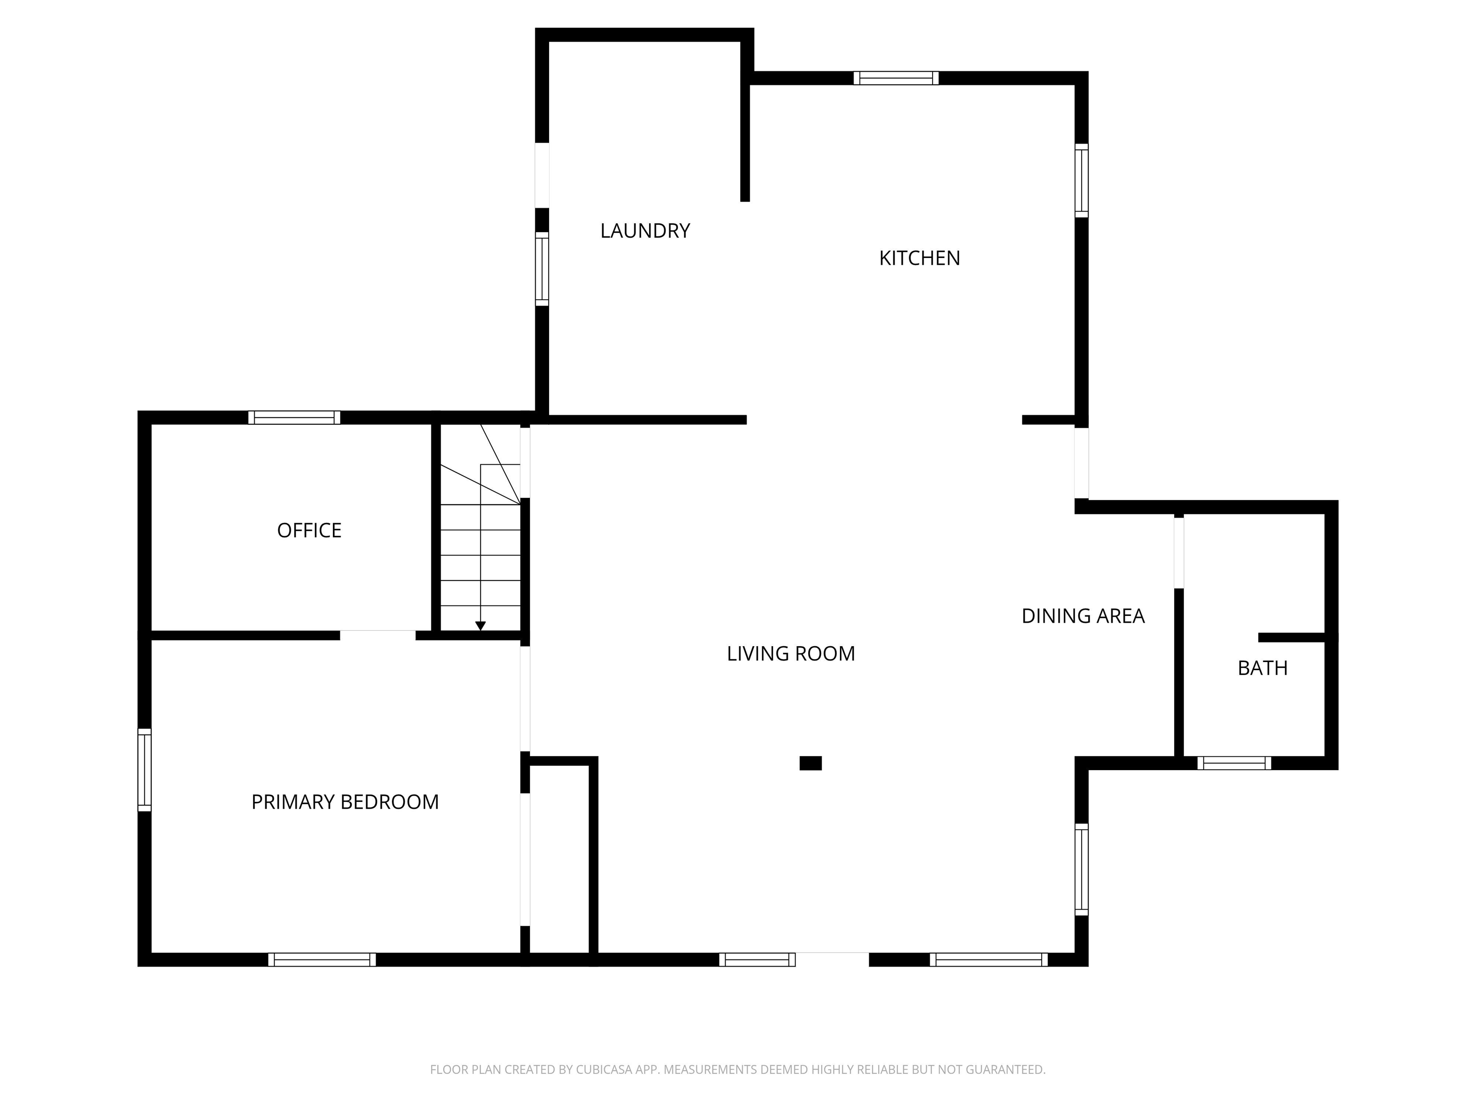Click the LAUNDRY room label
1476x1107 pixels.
pos(645,231)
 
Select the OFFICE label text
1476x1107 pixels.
pos(309,530)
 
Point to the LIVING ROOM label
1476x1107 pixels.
pos(791,654)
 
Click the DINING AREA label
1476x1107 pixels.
pos(1082,616)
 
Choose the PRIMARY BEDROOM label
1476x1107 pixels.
pos(344,802)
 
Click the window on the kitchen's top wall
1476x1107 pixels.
pos(896,78)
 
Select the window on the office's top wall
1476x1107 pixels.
pos(294,418)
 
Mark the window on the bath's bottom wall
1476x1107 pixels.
pos(1234,763)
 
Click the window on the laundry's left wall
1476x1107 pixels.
pos(542,269)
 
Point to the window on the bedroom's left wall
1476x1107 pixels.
pos(144,770)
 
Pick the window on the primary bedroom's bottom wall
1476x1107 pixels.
pos(321,959)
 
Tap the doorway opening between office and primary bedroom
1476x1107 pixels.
pos(378,635)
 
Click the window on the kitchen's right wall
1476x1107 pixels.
pos(1081,180)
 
